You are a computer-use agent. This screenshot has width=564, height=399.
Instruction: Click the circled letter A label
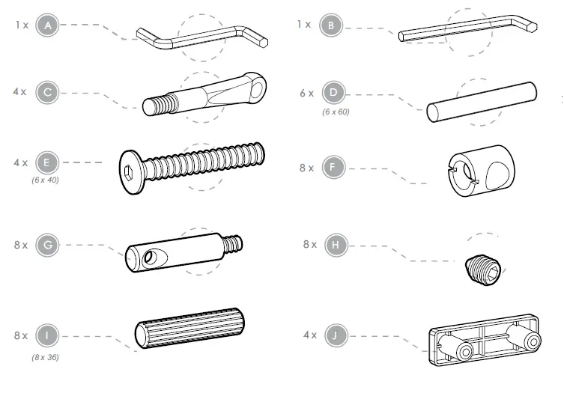pos(48,25)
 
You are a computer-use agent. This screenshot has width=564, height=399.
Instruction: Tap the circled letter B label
pos(330,25)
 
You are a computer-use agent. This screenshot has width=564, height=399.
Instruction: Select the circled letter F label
pos(330,168)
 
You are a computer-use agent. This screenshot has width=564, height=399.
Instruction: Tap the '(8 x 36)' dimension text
pos(45,357)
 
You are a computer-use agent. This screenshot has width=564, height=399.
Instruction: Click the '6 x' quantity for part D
pos(306,94)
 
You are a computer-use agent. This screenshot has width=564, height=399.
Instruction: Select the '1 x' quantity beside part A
pos(21,25)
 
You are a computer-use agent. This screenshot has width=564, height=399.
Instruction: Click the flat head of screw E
pos(130,169)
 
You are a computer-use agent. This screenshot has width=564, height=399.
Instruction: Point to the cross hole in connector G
pos(151,258)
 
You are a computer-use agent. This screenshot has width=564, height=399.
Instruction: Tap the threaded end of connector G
pos(234,243)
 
